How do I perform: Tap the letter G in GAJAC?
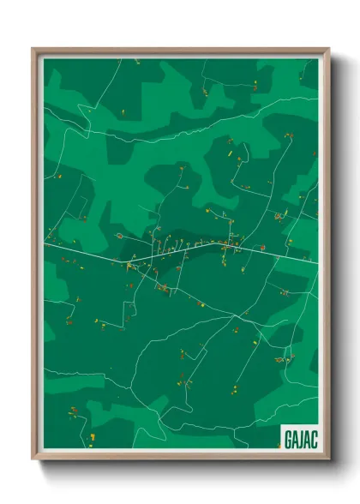(x=286, y=438)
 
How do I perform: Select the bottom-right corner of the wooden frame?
(x=328, y=459)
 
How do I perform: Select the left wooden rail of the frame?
(x=35, y=257)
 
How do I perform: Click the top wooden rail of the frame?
(x=180, y=51)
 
